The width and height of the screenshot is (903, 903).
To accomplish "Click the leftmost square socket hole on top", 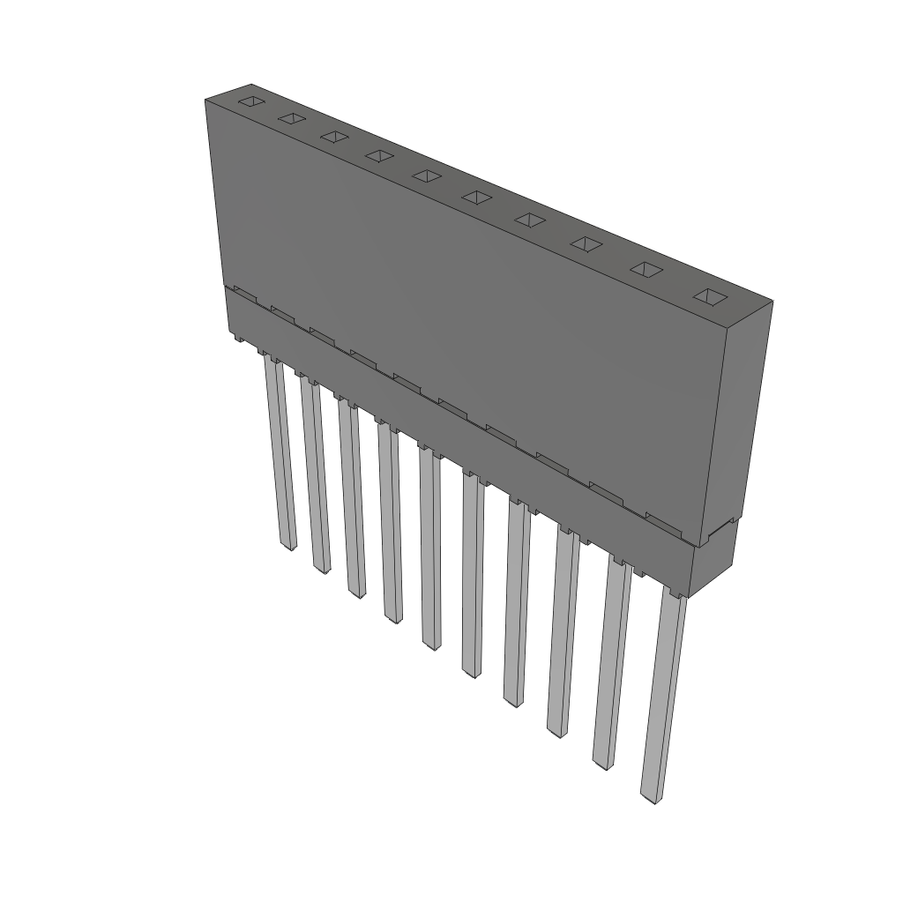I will [x=251, y=102].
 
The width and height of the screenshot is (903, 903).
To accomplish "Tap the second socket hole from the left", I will [x=292, y=118].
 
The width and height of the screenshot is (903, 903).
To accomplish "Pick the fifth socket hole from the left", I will [x=428, y=175].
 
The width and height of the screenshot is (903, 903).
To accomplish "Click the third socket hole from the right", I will [x=586, y=243].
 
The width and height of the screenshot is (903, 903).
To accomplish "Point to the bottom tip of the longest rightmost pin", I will [x=650, y=799].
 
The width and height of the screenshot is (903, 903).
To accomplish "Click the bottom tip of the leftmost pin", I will [x=287, y=547].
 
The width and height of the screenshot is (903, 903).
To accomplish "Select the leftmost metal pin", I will [x=280, y=450].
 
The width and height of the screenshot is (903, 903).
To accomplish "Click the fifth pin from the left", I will [x=429, y=547].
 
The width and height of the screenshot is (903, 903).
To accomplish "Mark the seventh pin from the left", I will [x=517, y=600].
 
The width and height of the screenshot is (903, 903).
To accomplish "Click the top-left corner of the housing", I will [x=205, y=101].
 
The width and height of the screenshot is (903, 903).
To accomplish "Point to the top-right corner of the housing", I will [x=772, y=302].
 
